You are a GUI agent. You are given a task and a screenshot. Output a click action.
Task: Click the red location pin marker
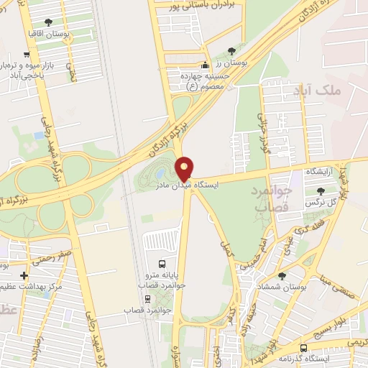pyautogui.click(x=185, y=167)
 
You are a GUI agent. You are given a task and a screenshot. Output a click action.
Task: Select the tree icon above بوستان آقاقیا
pyautogui.click(x=48, y=23)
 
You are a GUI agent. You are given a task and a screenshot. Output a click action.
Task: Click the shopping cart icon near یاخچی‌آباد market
pyautogui.click(x=27, y=55)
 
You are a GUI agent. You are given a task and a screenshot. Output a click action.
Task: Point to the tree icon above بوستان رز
pyautogui.click(x=231, y=51)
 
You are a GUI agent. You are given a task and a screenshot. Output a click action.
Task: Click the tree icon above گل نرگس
pyautogui.click(x=321, y=190)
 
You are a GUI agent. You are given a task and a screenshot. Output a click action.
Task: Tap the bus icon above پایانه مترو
pyautogui.click(x=162, y=264)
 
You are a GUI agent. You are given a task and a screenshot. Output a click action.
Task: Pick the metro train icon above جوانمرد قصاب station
pyautogui.click(x=147, y=298)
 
